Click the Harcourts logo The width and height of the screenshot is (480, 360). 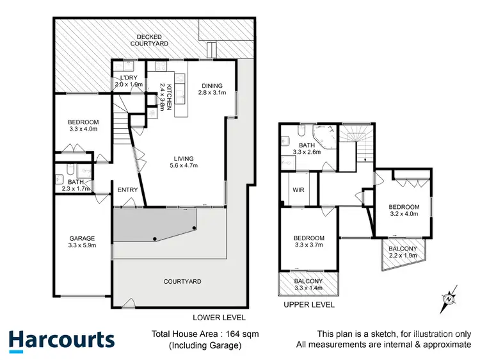click(61, 340)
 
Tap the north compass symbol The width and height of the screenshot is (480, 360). click(449, 297)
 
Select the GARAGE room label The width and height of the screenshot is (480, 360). click(82, 242)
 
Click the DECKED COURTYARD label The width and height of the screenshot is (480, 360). click(149, 40)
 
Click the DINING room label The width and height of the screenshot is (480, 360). click(212, 90)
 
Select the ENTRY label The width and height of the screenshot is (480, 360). click(128, 190)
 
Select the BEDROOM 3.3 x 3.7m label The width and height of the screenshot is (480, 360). click(308, 241)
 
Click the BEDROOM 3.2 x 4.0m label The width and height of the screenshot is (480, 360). click(404, 211)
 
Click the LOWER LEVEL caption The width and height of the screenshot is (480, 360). click(219, 317)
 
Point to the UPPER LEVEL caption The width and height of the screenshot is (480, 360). click(308, 305)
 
